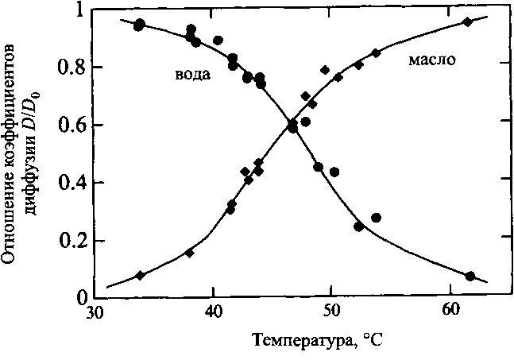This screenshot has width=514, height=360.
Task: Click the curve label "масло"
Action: [432, 60]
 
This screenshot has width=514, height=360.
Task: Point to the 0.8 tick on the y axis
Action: [71, 68]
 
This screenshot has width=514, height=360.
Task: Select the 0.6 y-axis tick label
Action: [71, 126]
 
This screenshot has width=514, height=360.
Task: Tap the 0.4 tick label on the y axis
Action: [71, 183]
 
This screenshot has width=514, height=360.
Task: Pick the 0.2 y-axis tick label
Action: [71, 241]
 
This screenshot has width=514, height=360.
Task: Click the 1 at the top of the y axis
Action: [77, 10]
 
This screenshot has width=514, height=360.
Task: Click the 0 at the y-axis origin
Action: [77, 298]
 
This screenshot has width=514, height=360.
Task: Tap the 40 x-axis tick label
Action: [213, 313]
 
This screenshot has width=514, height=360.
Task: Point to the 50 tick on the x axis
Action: [331, 313]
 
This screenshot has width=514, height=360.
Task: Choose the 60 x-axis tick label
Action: [450, 313]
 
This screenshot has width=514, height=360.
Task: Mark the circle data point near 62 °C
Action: [470, 277]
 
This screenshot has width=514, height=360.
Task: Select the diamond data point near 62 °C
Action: [468, 21]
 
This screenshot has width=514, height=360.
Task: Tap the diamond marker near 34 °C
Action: [141, 275]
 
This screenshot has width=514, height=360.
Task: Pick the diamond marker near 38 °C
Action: [189, 253]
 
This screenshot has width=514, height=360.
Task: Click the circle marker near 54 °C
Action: [377, 218]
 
